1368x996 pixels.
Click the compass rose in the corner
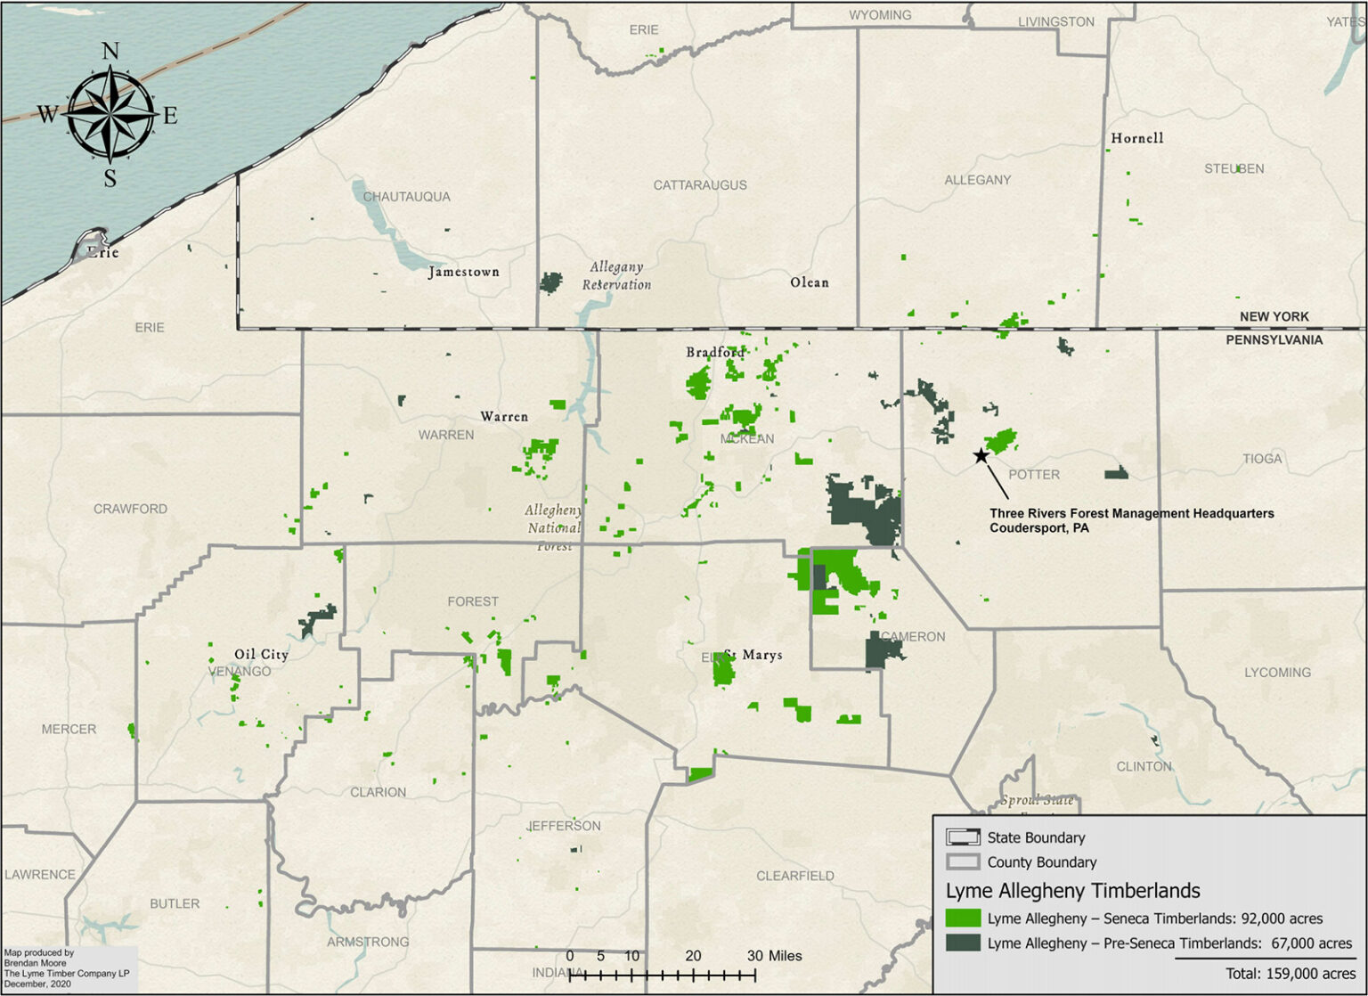pos(110,114)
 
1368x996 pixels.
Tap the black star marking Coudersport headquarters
pos(981,456)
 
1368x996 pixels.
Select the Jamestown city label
pos(463,272)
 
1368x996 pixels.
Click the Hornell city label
pos(1136,138)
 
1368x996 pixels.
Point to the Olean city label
pos(809,282)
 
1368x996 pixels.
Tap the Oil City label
pos(261,654)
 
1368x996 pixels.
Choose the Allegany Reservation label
pos(616,275)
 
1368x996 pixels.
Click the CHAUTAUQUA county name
pos(406,196)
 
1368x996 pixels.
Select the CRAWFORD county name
pos(130,509)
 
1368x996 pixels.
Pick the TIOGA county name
pos(1262,459)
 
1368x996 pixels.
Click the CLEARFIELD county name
pos(795,876)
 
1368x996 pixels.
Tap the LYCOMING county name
pos(1277,673)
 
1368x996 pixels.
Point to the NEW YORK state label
pos(1274,316)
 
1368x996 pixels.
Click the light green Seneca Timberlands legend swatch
pos(962,918)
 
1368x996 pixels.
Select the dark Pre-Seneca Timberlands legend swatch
pos(962,943)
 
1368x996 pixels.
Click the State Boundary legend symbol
pos(962,837)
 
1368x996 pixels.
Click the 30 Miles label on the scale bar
pos(774,956)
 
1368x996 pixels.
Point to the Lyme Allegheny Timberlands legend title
pos(1072,891)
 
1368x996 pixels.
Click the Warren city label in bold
pos(504,416)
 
